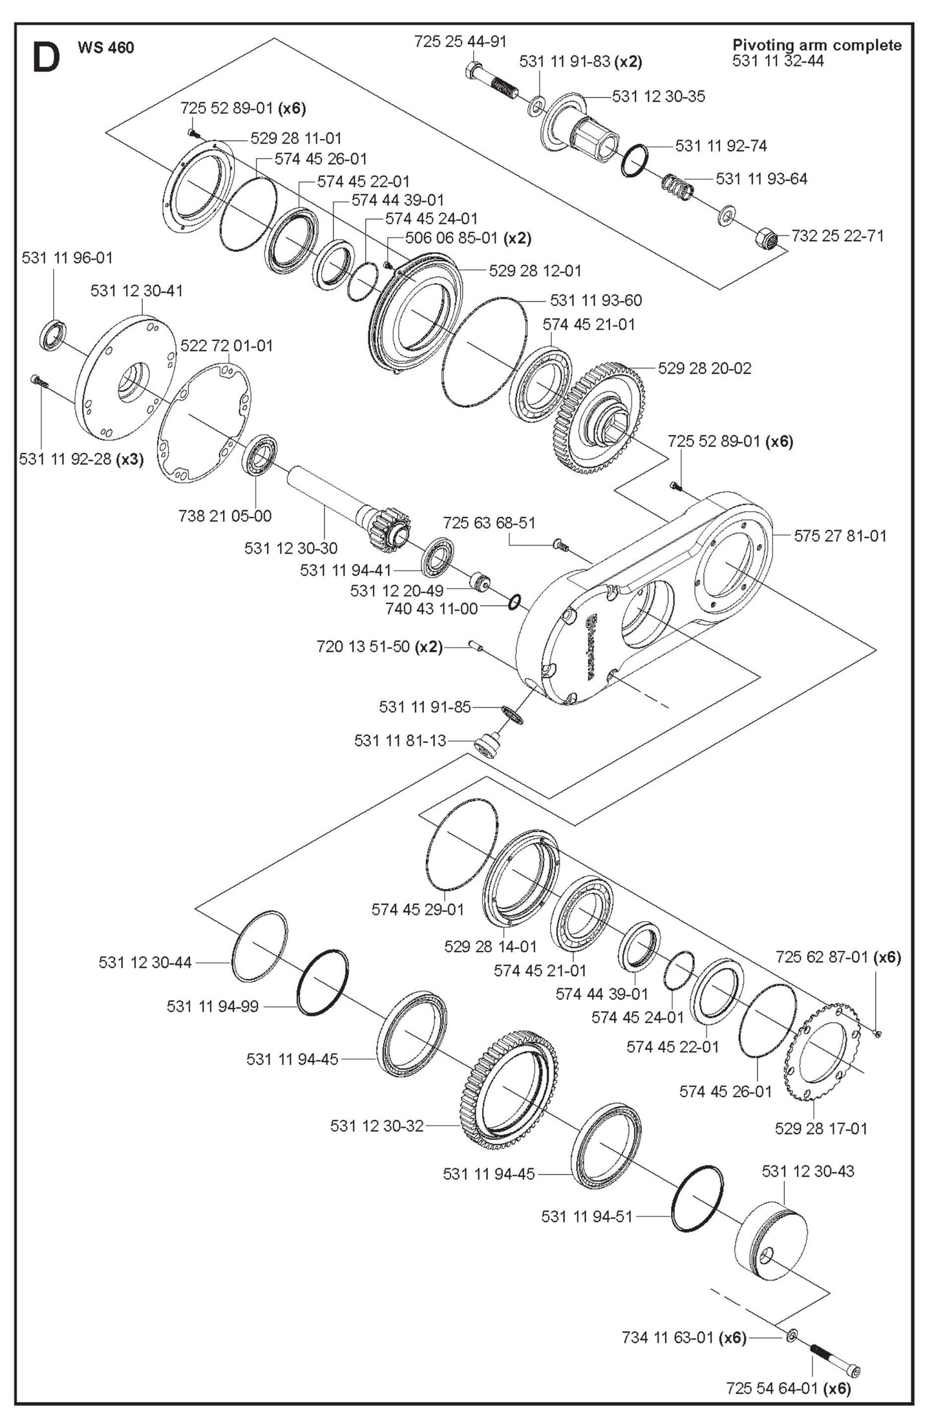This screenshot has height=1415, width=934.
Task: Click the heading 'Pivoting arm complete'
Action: (x=816, y=45)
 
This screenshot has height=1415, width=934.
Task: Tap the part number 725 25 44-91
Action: (x=460, y=41)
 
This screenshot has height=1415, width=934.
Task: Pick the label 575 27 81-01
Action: (x=840, y=536)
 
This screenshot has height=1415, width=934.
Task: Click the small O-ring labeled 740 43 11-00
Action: (x=515, y=602)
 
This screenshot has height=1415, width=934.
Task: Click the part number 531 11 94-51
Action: (x=587, y=1217)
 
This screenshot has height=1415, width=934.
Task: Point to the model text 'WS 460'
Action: (x=105, y=48)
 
